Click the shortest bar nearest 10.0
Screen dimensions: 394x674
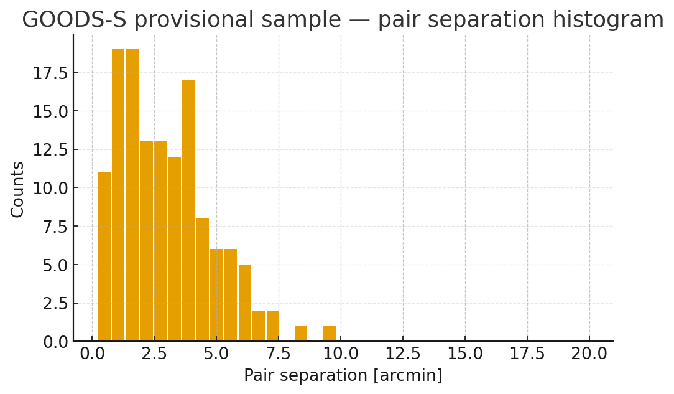pyautogui.click(x=329, y=334)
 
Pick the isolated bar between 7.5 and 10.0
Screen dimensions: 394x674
pyautogui.click(x=301, y=334)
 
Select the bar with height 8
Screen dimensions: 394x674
pyautogui.click(x=203, y=279)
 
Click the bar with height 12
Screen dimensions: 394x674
pyautogui.click(x=175, y=249)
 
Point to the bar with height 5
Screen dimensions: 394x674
pyautogui.click(x=245, y=303)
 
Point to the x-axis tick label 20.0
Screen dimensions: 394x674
pyautogui.click(x=589, y=354)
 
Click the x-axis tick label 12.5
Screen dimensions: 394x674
pyautogui.click(x=403, y=354)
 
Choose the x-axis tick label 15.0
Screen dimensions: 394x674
pyautogui.click(x=465, y=354)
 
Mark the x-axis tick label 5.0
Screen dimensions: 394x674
pyautogui.click(x=216, y=354)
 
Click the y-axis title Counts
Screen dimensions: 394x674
pyautogui.click(x=18, y=189)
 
